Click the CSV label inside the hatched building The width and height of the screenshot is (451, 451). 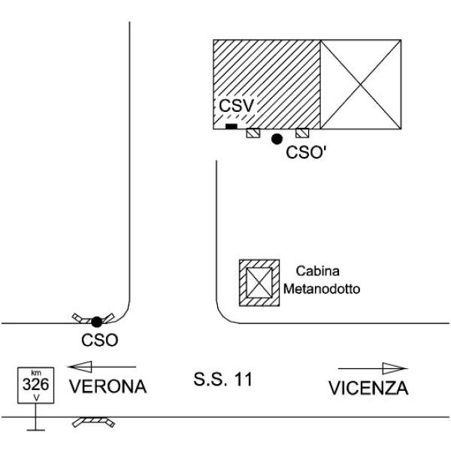pyautogui.click(x=237, y=105)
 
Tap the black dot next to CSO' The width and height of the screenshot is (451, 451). pyautogui.click(x=277, y=139)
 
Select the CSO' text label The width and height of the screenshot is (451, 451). pyautogui.click(x=306, y=152)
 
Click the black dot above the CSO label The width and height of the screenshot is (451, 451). pyautogui.click(x=97, y=322)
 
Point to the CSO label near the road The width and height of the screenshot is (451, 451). pyautogui.click(x=100, y=341)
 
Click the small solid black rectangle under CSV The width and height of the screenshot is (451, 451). pyautogui.click(x=232, y=126)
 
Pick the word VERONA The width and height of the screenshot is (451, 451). pyautogui.click(x=108, y=386)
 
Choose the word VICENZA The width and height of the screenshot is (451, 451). pyautogui.click(x=368, y=389)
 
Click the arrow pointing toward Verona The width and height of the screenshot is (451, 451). pyautogui.click(x=101, y=367)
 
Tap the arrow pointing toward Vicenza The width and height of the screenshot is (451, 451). pyautogui.click(x=373, y=368)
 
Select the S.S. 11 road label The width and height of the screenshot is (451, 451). pyautogui.click(x=223, y=379)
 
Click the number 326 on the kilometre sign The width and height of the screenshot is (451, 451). pyautogui.click(x=36, y=384)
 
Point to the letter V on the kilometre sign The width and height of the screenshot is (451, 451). pyautogui.click(x=36, y=398)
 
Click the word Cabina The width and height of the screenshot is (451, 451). pyautogui.click(x=318, y=271)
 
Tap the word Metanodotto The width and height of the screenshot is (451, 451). pyautogui.click(x=322, y=289)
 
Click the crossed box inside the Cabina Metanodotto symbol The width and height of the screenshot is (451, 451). pyautogui.click(x=259, y=283)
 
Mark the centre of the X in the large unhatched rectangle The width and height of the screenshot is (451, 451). pyautogui.click(x=361, y=84)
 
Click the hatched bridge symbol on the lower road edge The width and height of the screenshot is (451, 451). pyautogui.click(x=93, y=422)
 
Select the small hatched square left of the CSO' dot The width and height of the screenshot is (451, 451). pyautogui.click(x=253, y=133)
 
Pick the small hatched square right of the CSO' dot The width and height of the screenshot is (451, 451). pyautogui.click(x=302, y=133)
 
